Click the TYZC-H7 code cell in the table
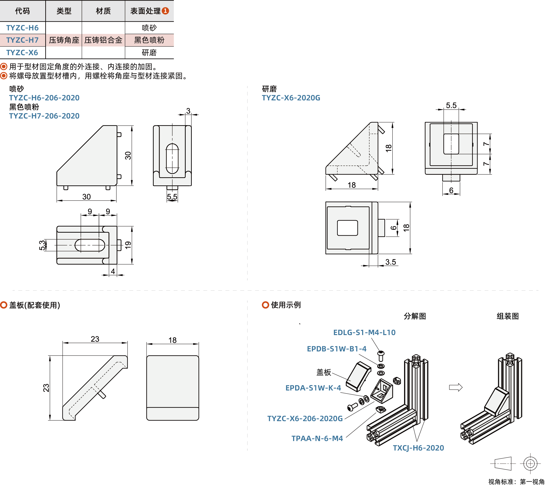click(x=23, y=40)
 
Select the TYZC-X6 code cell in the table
click(x=22, y=53)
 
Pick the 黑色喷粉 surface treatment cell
click(x=149, y=40)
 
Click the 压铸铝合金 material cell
click(x=103, y=40)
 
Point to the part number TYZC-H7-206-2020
click(x=45, y=116)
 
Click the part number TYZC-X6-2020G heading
click(x=291, y=98)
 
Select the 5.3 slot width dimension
click(x=42, y=245)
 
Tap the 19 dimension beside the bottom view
click(x=128, y=245)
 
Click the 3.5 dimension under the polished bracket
click(x=391, y=262)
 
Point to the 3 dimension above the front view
click(x=188, y=111)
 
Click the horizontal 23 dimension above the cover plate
click(x=95, y=339)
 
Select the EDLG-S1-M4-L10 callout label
click(x=364, y=333)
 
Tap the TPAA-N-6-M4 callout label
click(x=317, y=438)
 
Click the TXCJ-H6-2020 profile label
click(x=418, y=448)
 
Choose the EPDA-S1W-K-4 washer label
click(x=313, y=388)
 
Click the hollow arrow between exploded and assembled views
click(x=456, y=387)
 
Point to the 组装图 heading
click(x=508, y=316)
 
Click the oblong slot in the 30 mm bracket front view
click(x=172, y=159)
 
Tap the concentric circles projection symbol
click(x=530, y=463)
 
